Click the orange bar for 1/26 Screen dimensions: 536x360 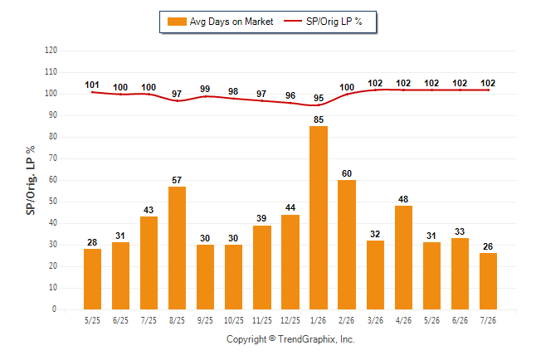pos(319,218)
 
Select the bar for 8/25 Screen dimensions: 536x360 pos(177,248)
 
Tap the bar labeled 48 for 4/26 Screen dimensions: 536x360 pos(403,257)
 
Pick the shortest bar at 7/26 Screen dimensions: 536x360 pos(488,281)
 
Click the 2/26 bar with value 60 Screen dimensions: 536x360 pos(347,245)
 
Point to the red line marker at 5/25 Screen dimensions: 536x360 pos(92,92)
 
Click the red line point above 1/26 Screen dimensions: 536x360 pos(319,105)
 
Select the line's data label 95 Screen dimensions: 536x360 pos(319,98)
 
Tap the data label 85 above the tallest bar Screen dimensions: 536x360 pos(319,119)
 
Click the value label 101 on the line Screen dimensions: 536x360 pos(92,85)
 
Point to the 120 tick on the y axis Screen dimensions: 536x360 pos(51,51)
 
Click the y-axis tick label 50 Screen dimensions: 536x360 pos(53,202)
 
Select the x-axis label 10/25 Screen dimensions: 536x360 pos(234,321)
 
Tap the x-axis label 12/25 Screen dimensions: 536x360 pos(290,321)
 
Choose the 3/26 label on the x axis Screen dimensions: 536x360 pos(375,321)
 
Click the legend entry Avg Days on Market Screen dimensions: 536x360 pos(220,22)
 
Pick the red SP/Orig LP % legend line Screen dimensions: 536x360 pos(293,22)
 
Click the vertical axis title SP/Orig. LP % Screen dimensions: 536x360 pos(31,181)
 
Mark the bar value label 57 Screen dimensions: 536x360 pos(177,180)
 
